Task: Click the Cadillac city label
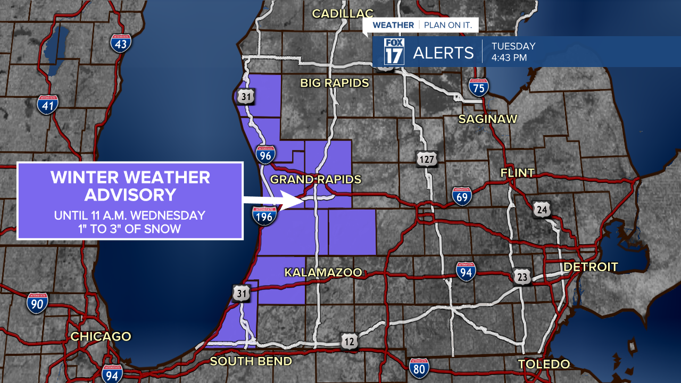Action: (343, 13)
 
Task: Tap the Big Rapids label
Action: (334, 83)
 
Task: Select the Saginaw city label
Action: (488, 119)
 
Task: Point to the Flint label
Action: (517, 173)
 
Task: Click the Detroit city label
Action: (591, 267)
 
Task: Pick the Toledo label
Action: (544, 364)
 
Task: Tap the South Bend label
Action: (251, 361)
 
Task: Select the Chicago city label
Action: (101, 336)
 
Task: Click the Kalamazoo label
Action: (323, 272)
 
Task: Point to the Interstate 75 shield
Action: (479, 87)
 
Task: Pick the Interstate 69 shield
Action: (462, 196)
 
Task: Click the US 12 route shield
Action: (349, 342)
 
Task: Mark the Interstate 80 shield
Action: (419, 368)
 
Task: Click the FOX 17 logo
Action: (394, 52)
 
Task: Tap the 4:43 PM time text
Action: (509, 57)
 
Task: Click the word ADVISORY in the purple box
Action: (130, 195)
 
